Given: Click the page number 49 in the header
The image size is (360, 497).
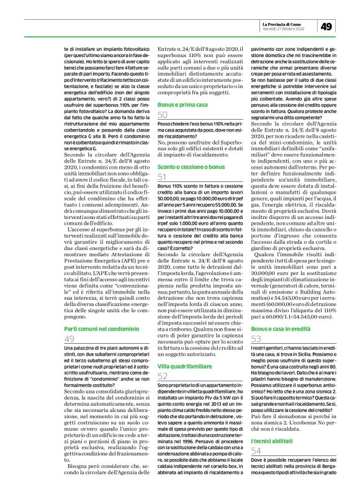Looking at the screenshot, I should [x=327, y=25].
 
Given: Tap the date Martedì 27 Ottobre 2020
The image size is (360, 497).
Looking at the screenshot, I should [x=278, y=29].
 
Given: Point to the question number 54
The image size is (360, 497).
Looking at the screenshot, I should [x=256, y=469].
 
